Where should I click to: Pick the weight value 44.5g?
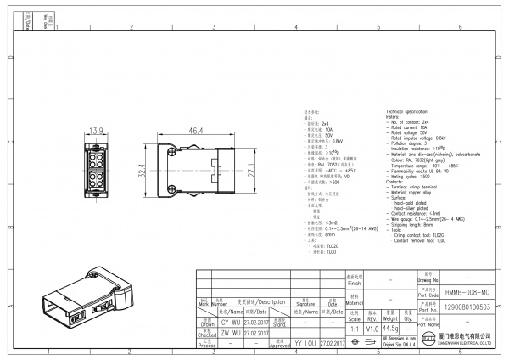tap(391, 328)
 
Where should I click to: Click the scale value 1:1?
tap(353, 328)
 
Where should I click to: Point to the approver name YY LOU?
tap(305, 344)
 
